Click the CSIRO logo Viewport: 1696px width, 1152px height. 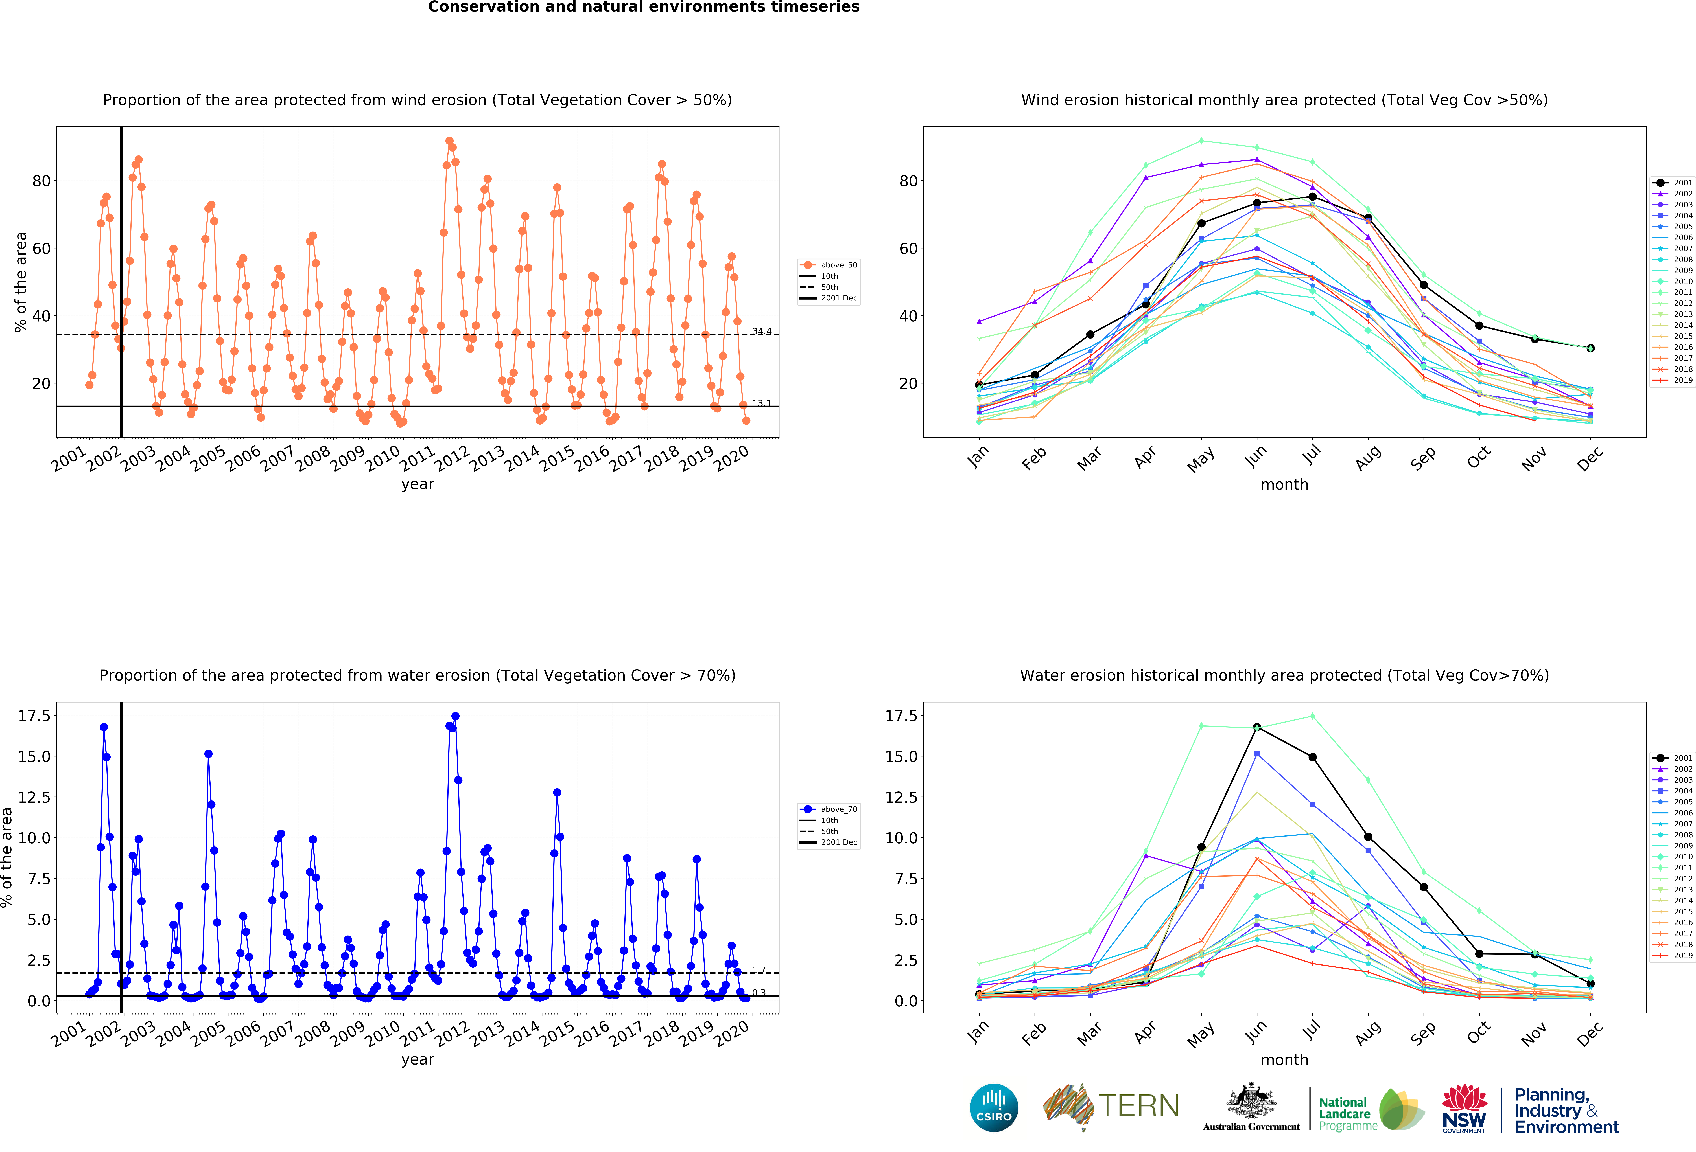pos(994,1107)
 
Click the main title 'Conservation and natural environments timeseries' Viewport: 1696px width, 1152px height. pos(644,7)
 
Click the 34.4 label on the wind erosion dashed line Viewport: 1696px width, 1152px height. pos(761,331)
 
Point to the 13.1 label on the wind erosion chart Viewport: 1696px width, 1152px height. pos(761,403)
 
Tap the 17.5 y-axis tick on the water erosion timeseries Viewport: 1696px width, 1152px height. pos(34,716)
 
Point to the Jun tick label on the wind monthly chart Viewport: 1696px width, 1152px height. pos(1256,456)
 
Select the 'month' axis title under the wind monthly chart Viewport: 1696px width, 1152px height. pos(1284,484)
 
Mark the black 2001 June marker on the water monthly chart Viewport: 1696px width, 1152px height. pos(1257,727)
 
